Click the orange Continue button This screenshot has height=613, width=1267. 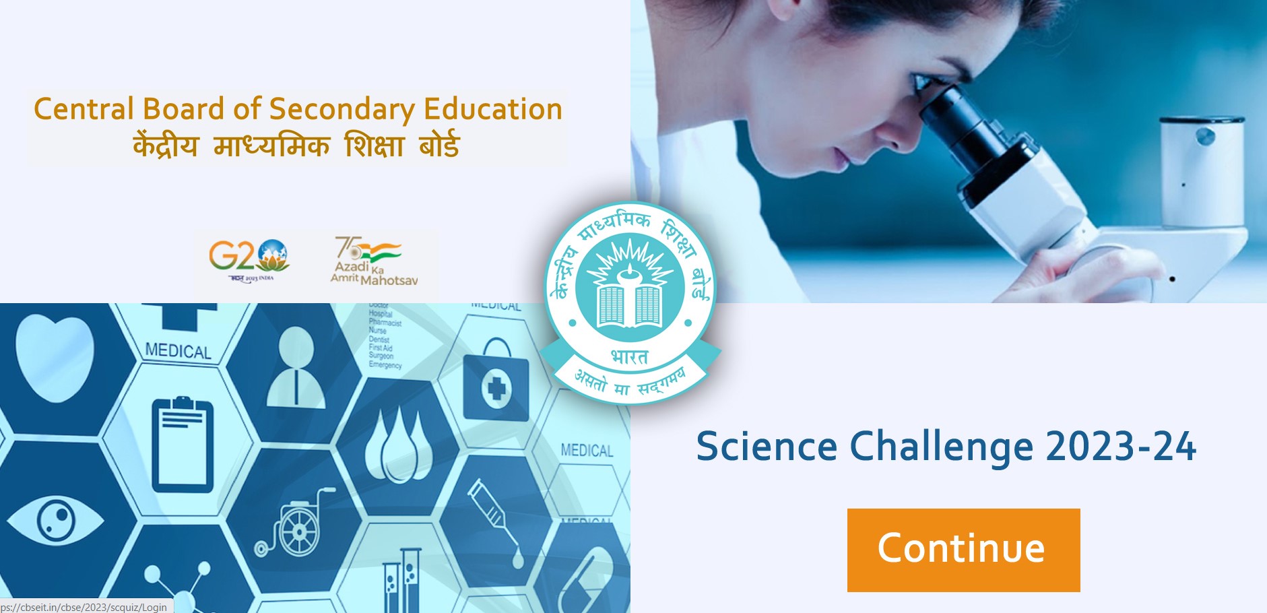(x=963, y=550)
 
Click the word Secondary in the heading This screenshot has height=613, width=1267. (x=342, y=110)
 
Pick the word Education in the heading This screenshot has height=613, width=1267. (x=492, y=109)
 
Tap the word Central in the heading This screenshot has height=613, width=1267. (x=84, y=109)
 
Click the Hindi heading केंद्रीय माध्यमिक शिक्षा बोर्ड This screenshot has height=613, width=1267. (x=296, y=146)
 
